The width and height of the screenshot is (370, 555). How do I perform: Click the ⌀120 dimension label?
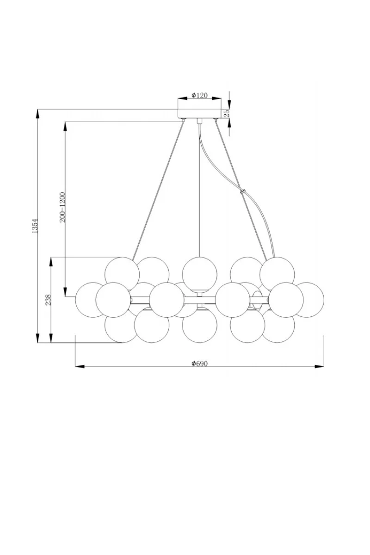click(x=199, y=95)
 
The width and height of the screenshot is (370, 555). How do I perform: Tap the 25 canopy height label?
click(x=227, y=113)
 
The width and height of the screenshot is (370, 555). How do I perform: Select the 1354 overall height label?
click(x=35, y=226)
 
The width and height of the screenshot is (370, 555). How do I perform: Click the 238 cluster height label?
click(x=48, y=300)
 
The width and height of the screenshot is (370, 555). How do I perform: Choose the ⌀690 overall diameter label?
click(x=199, y=364)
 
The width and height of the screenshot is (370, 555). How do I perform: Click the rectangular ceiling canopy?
click(x=199, y=113)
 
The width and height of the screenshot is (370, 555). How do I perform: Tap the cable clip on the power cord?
click(x=242, y=191)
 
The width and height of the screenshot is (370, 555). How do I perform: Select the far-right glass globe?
click(x=310, y=300)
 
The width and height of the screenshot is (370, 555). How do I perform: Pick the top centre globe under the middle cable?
click(x=199, y=274)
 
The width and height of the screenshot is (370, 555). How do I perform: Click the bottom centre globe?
click(x=199, y=325)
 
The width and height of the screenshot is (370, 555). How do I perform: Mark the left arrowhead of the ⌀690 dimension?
click(x=80, y=366)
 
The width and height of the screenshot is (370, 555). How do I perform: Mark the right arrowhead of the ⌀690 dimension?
click(x=319, y=366)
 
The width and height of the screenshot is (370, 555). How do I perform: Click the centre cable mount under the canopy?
click(x=199, y=121)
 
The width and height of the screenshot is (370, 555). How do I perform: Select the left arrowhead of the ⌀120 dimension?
click(x=182, y=99)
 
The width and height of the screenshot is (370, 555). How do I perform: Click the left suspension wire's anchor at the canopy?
click(x=183, y=120)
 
